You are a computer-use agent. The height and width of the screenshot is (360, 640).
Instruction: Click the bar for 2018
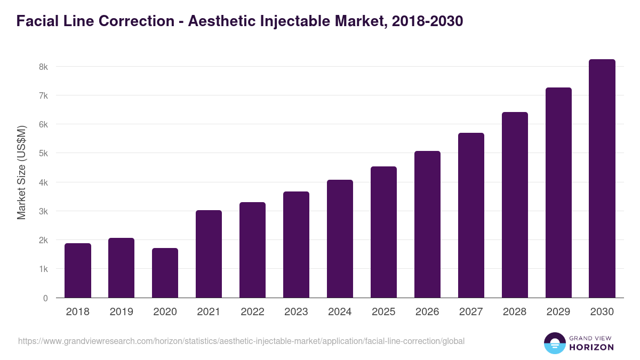click(x=78, y=270)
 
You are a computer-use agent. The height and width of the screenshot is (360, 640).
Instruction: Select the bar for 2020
click(x=165, y=273)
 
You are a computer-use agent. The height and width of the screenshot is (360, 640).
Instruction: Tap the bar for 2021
click(x=209, y=254)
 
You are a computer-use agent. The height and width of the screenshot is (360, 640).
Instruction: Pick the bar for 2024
click(x=340, y=239)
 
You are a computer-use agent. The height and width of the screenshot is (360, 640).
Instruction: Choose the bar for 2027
click(x=471, y=215)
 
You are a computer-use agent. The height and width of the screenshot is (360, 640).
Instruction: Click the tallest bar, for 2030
click(x=602, y=179)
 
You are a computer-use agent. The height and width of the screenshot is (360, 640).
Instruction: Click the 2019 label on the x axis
click(x=122, y=312)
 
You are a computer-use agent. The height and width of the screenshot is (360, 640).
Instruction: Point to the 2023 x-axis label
click(x=296, y=312)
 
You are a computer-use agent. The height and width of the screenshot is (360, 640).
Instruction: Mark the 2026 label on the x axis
click(x=427, y=312)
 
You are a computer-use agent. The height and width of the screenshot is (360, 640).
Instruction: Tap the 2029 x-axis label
click(x=558, y=312)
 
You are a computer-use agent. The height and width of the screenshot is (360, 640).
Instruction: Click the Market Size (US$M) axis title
click(x=22, y=172)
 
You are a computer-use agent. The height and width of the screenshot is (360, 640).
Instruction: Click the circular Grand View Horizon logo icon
click(x=555, y=343)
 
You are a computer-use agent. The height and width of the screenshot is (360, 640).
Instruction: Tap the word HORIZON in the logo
click(x=591, y=347)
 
